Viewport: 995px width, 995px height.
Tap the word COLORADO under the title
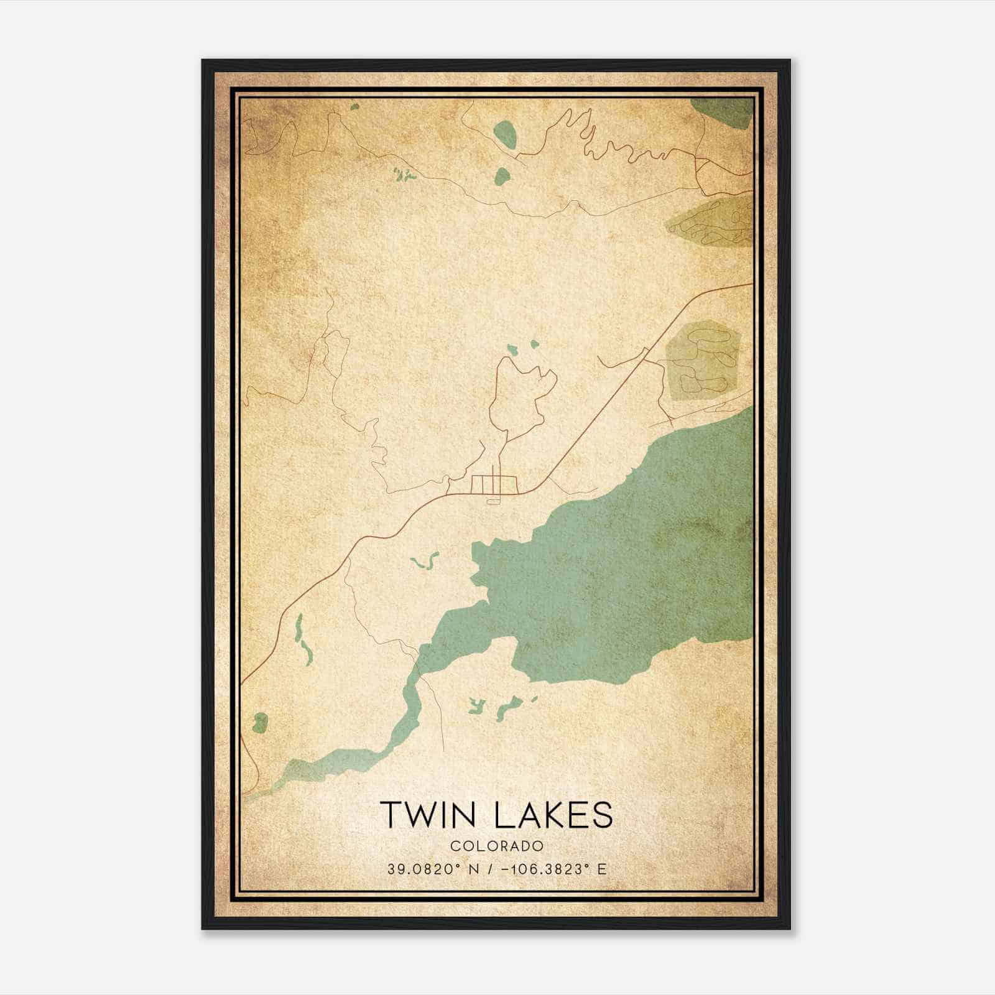(x=497, y=846)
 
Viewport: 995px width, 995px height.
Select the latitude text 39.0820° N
(x=429, y=869)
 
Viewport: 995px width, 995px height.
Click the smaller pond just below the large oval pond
(x=501, y=175)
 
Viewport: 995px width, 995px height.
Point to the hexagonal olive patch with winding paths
(x=701, y=361)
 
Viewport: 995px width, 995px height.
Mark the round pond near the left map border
(x=260, y=723)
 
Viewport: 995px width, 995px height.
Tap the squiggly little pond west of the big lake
(x=425, y=562)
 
